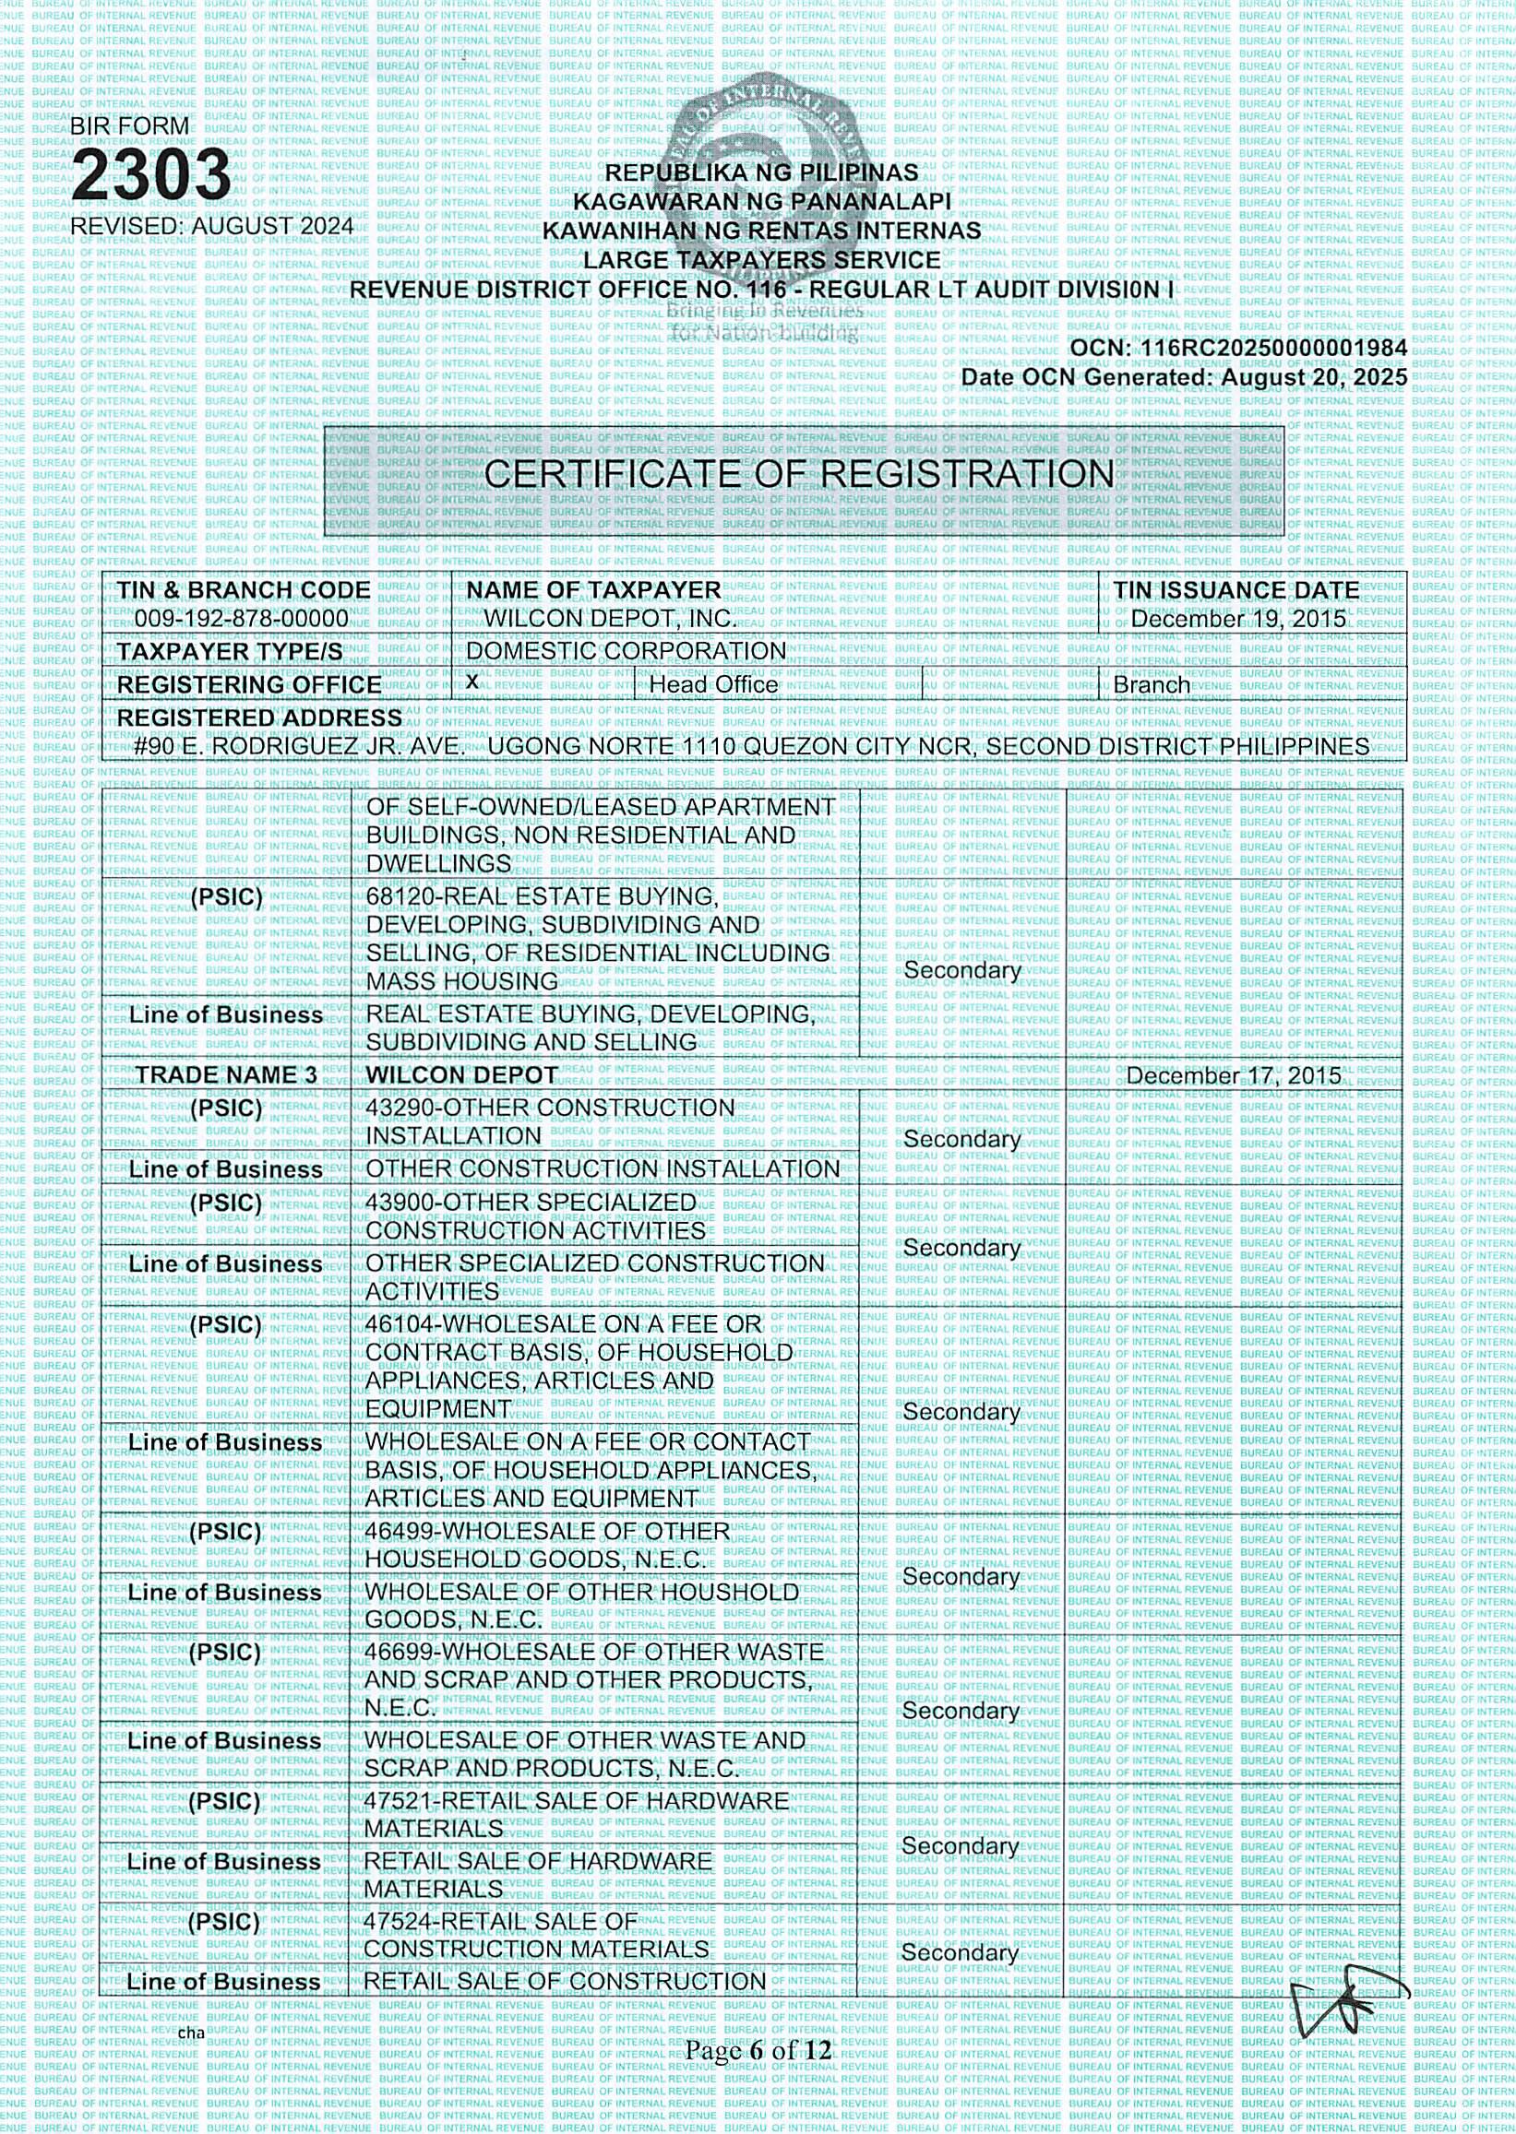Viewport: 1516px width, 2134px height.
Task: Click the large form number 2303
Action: click(151, 175)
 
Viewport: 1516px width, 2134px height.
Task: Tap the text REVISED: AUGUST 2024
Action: click(212, 226)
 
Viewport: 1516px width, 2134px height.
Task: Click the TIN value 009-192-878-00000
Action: click(241, 619)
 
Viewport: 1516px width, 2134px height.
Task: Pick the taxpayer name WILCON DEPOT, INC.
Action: click(610, 619)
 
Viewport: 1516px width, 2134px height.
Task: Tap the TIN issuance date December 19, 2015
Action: click(1238, 619)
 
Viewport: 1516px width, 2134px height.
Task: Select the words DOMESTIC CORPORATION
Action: click(626, 650)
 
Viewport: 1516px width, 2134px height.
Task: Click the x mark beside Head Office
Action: click(472, 682)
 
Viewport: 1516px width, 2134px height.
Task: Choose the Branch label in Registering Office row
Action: click(1151, 685)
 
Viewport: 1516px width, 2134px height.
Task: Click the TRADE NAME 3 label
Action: click(226, 1075)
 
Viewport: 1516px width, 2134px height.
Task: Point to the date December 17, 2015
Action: click(1233, 1075)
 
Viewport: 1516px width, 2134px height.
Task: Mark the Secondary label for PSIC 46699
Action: click(961, 1711)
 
